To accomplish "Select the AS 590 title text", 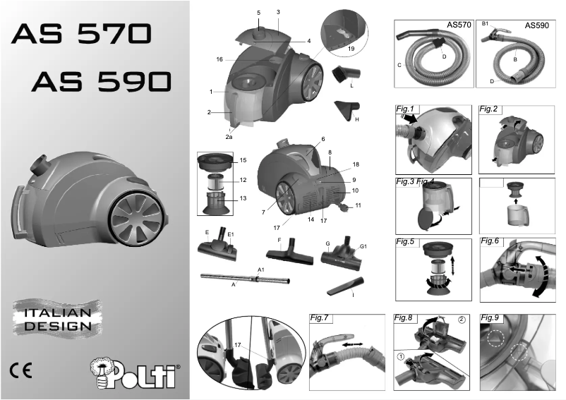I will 102,82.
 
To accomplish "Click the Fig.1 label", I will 408,109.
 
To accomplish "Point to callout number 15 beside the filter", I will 243,161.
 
